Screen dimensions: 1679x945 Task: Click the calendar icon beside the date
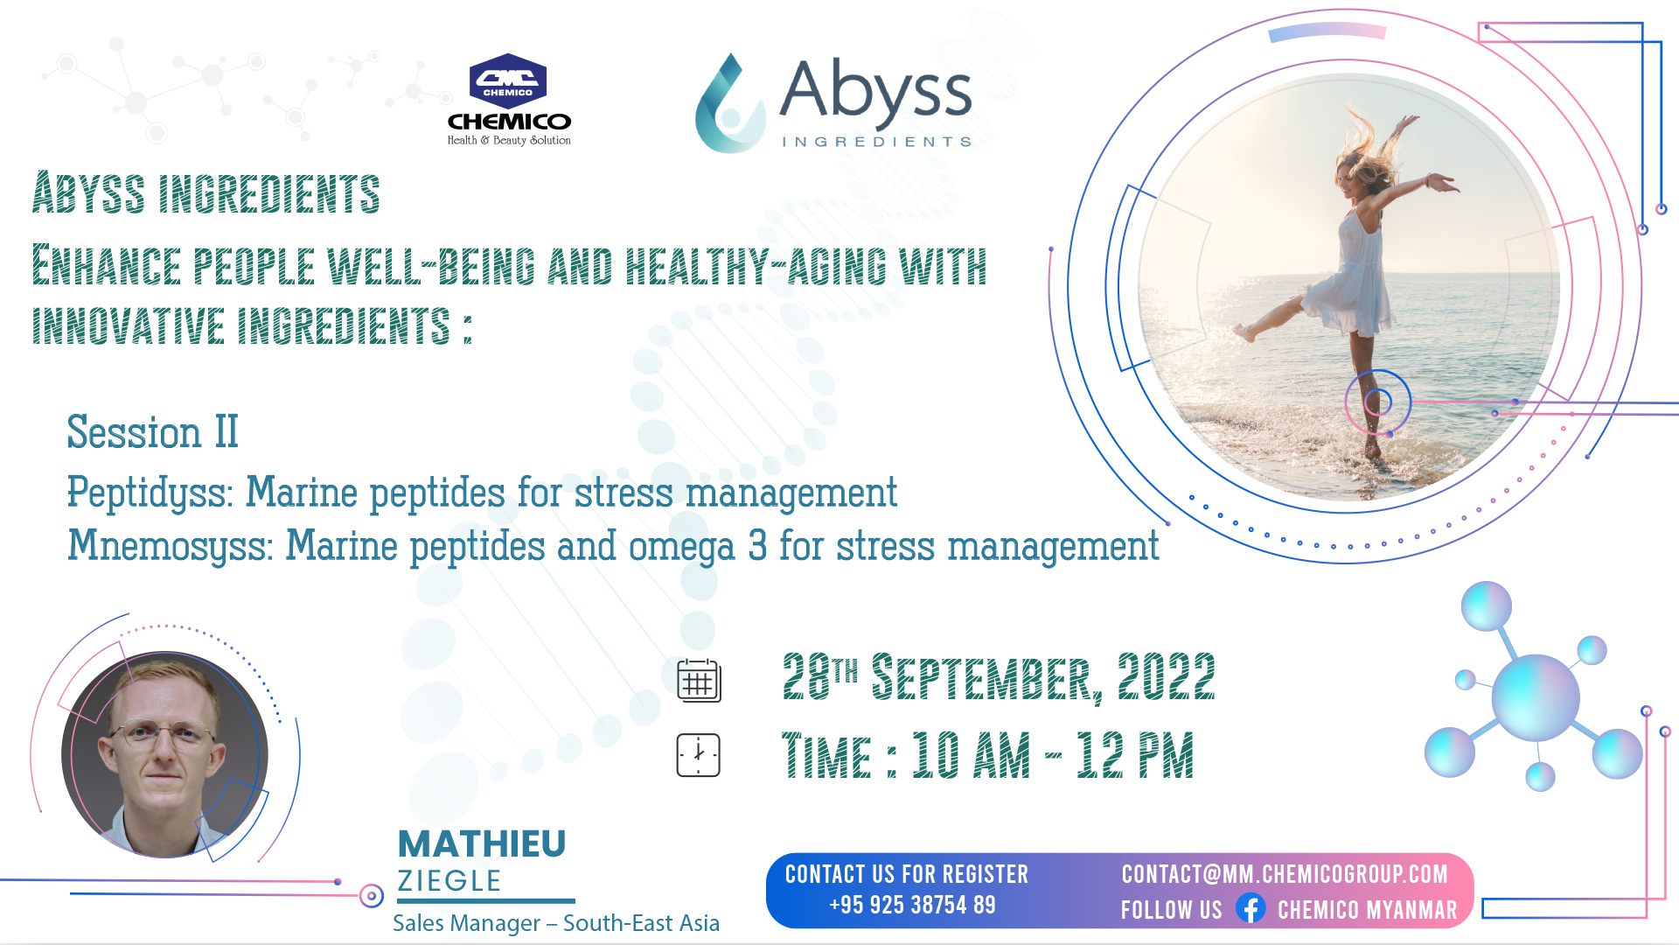pos(699,681)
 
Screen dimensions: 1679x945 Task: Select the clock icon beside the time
pos(698,755)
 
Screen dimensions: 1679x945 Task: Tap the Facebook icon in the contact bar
pos(1251,908)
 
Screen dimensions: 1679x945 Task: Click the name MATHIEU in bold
pos(482,844)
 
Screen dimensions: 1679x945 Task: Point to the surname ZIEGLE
pos(449,881)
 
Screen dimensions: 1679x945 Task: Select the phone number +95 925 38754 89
pos(912,906)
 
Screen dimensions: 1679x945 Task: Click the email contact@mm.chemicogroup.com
pos(1285,874)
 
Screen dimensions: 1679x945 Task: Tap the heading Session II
pos(152,432)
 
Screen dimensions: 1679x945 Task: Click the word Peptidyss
pos(148,493)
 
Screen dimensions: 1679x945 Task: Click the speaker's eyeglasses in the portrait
pos(164,734)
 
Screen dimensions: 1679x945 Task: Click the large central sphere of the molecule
pos(1536,697)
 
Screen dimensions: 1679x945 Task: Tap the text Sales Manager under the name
pos(466,924)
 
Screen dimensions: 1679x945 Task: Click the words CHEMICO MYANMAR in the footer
pos(1368,911)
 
